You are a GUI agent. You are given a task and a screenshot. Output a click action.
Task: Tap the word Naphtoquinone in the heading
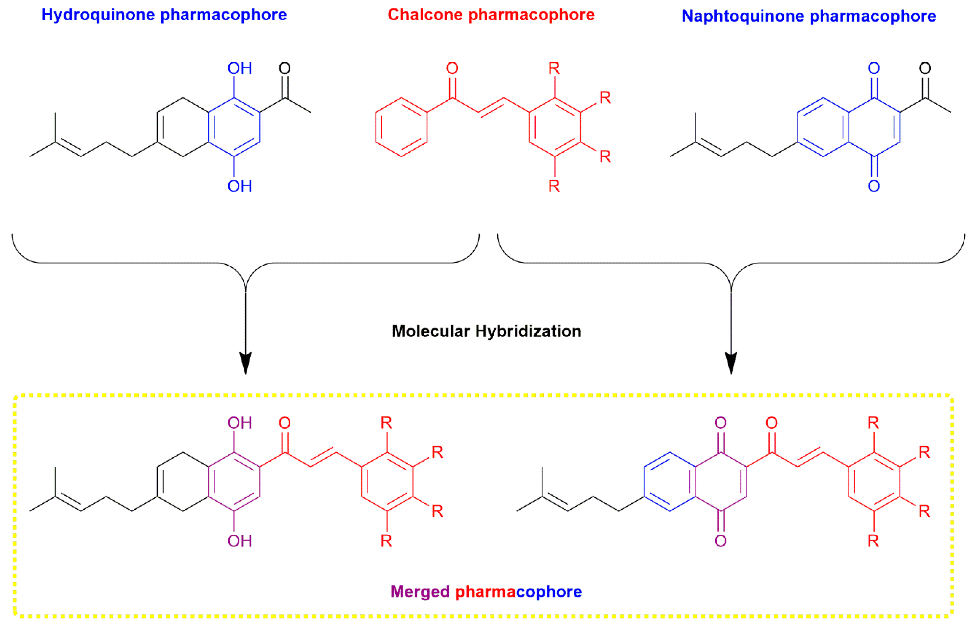742,16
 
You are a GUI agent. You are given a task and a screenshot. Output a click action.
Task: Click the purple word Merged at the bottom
420,591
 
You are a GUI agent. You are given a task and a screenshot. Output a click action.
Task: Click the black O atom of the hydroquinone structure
285,68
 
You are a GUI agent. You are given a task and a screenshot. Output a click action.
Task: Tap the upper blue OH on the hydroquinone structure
239,68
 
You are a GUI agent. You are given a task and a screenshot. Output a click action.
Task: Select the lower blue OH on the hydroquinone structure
239,186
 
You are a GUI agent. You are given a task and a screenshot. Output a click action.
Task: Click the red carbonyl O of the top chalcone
452,68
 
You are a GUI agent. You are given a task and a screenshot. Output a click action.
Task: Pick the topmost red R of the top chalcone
554,68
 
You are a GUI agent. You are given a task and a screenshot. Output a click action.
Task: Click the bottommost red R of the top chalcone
554,186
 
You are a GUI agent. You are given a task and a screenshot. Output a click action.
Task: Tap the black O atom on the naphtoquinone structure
925,68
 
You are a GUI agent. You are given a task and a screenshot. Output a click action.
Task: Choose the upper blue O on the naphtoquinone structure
874,68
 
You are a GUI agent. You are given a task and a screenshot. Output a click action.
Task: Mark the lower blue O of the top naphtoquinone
874,186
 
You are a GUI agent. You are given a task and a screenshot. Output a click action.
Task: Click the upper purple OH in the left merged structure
239,423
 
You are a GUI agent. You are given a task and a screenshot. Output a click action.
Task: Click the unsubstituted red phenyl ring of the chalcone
401,127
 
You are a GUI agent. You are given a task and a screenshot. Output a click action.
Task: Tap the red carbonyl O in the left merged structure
285,423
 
